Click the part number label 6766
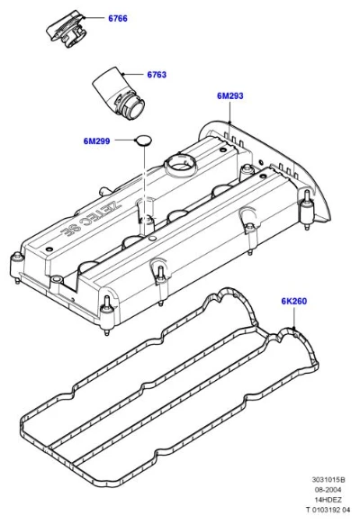click(118, 18)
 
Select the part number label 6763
click(157, 75)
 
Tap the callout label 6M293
click(230, 96)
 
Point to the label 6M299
click(96, 141)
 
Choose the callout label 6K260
click(293, 302)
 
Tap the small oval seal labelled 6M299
click(143, 140)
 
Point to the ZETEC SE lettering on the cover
click(91, 217)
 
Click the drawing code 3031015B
click(328, 480)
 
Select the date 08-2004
click(328, 490)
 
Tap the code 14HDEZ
click(328, 500)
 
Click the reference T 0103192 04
click(328, 510)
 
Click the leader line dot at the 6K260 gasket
click(293, 328)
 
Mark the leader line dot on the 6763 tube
click(122, 74)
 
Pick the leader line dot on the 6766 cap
click(85, 17)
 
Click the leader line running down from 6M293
click(229, 112)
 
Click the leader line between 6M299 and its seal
click(125, 140)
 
